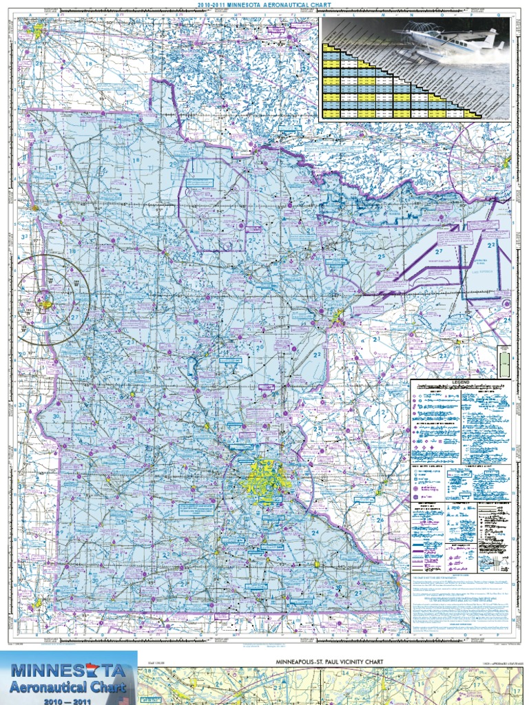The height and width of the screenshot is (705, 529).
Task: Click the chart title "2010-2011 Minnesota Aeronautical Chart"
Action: click(264, 4)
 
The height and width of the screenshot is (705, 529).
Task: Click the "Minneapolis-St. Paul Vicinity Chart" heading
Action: click(329, 661)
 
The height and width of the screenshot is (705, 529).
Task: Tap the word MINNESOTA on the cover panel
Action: click(67, 671)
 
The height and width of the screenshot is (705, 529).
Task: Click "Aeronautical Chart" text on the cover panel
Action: click(67, 686)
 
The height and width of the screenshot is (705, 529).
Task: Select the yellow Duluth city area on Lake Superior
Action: click(338, 318)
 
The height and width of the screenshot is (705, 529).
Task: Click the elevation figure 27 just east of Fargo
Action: click(75, 317)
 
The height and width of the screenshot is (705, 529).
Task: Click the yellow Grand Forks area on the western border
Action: click(34, 207)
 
